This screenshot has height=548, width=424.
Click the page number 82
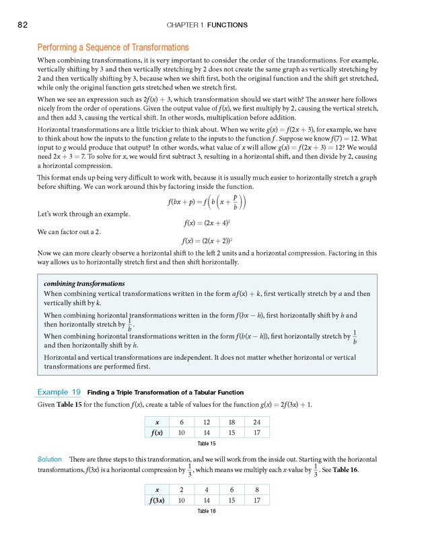pos(22,25)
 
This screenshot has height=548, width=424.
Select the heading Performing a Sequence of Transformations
pos(112,48)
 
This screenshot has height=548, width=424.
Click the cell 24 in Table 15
pos(256,421)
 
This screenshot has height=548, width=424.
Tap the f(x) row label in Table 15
pos(157,432)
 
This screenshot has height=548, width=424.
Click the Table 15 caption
pos(207,444)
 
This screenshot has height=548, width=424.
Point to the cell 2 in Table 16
pos(181,489)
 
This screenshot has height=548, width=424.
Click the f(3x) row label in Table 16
pos(157,500)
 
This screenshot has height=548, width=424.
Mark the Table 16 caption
pos(207,512)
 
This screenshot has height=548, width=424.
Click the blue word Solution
pos(50,459)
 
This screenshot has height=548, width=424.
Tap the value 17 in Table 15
pos(256,432)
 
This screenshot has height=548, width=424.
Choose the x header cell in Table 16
pos(157,489)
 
